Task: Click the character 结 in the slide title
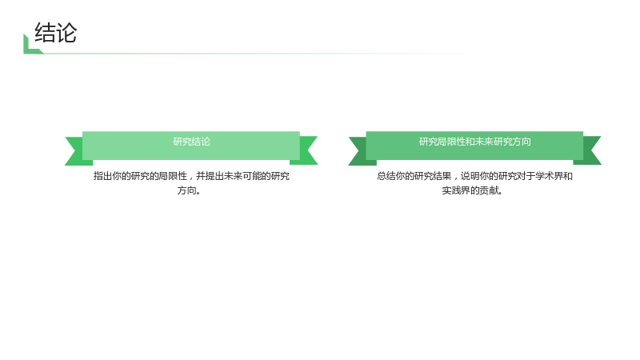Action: [45, 33]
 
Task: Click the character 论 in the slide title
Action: [66, 33]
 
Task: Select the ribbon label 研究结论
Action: [191, 142]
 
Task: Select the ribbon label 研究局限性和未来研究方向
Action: [474, 142]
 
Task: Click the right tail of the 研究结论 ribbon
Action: [307, 150]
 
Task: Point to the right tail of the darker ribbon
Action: [590, 150]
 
